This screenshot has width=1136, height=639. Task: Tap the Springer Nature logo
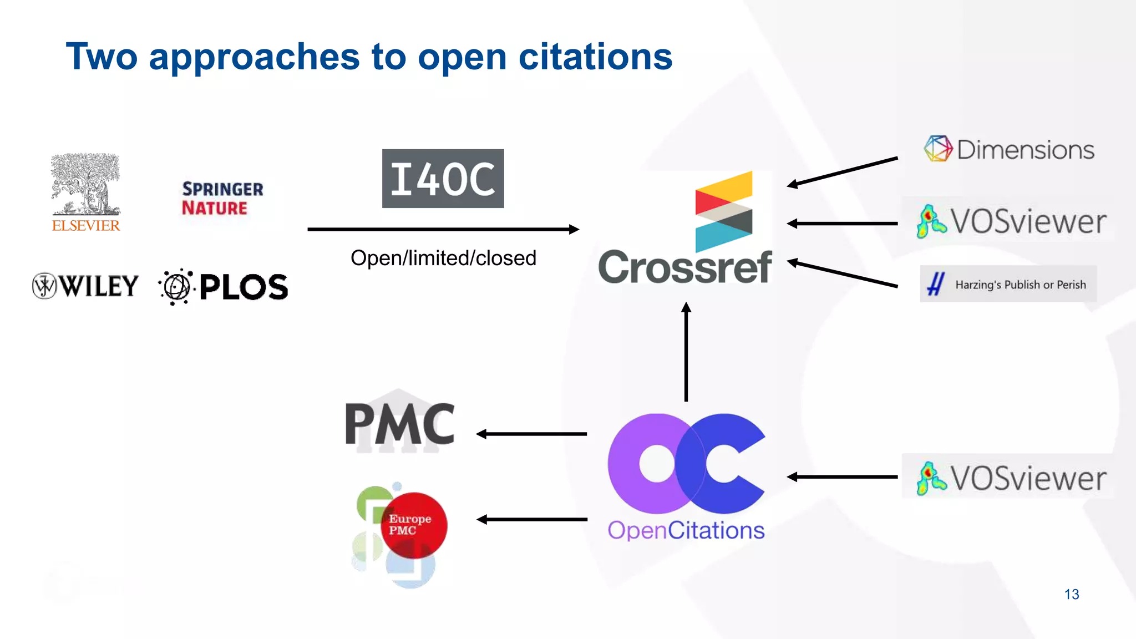pyautogui.click(x=222, y=198)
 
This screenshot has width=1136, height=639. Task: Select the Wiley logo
pyautogui.click(x=86, y=286)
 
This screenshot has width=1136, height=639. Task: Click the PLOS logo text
pyautogui.click(x=244, y=287)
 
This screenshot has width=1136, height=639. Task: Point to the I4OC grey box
pyautogui.click(x=443, y=179)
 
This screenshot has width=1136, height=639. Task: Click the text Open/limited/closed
pyautogui.click(x=443, y=258)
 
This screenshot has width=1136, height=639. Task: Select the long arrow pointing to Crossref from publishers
pyautogui.click(x=443, y=229)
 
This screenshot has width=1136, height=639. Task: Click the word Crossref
pyautogui.click(x=685, y=267)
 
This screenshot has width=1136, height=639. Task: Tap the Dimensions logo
pyautogui.click(x=1009, y=149)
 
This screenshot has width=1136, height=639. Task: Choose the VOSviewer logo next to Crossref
pyautogui.click(x=1011, y=221)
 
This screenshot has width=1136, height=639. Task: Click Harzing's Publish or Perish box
pyautogui.click(x=1008, y=284)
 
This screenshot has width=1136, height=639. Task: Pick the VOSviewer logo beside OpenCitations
pyautogui.click(x=1011, y=478)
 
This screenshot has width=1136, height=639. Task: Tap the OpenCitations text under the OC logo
pyautogui.click(x=686, y=530)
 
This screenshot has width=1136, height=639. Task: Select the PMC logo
pyautogui.click(x=399, y=424)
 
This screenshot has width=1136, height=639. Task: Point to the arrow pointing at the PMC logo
pyautogui.click(x=531, y=434)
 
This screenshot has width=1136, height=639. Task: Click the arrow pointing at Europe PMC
pyautogui.click(x=531, y=519)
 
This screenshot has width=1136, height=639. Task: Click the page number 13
pyautogui.click(x=1071, y=594)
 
